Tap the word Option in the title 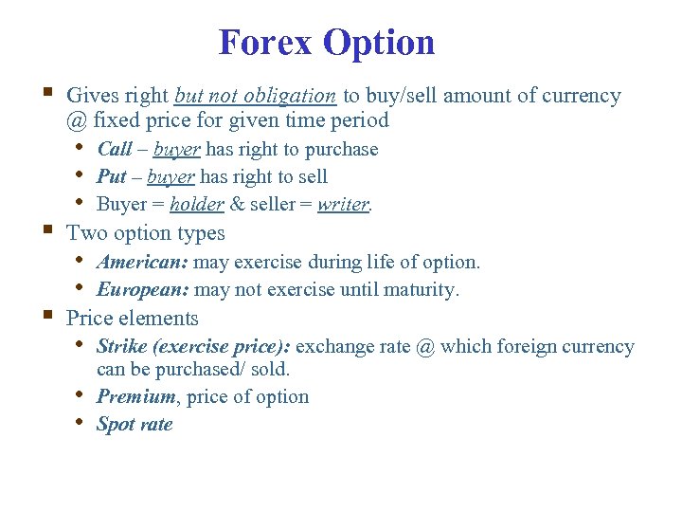[378, 43]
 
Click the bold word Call [115, 150]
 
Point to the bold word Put [112, 177]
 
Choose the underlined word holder [197, 205]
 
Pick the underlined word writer [343, 205]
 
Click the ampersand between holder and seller [238, 205]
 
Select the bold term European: [143, 290]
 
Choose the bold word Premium [135, 397]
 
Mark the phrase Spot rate [135, 425]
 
